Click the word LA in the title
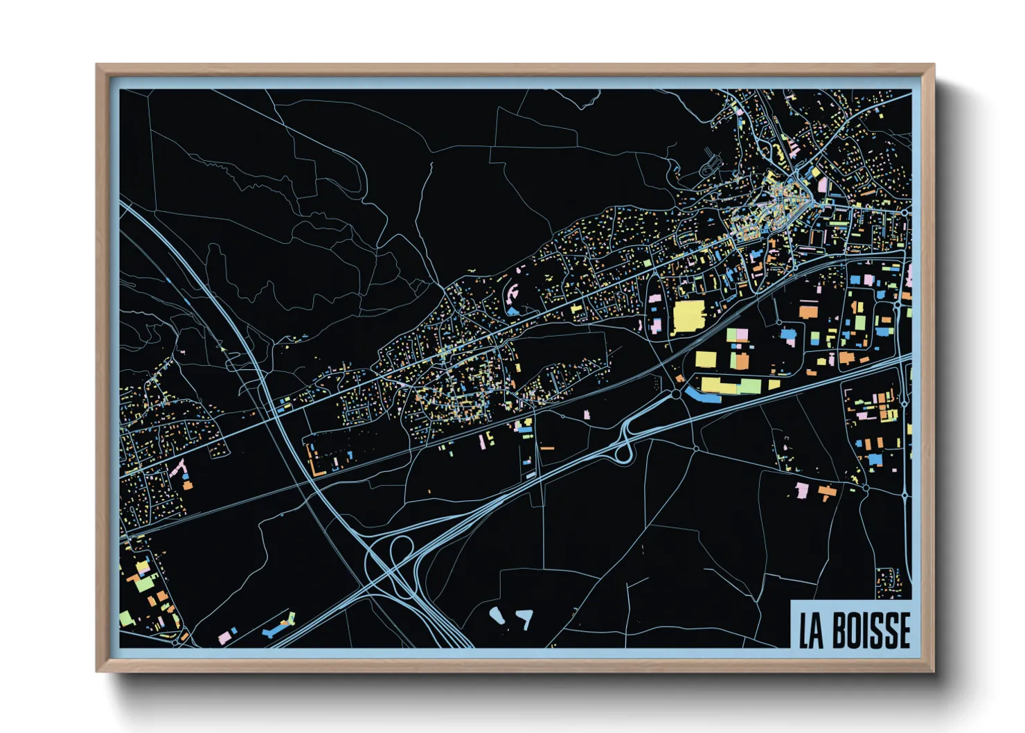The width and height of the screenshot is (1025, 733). tap(811, 630)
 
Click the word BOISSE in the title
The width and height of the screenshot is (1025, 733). tap(871, 630)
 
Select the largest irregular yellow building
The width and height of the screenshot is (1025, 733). tap(688, 316)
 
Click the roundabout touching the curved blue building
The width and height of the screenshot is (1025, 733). tap(675, 394)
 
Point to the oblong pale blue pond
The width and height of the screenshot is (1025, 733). tap(497, 615)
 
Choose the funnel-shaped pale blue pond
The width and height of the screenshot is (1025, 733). tap(525, 617)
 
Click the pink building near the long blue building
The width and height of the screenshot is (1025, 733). tap(226, 635)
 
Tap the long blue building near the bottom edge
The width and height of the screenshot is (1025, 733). tap(278, 627)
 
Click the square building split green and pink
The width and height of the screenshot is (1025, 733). tap(736, 335)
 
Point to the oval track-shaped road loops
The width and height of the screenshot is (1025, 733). tap(711, 168)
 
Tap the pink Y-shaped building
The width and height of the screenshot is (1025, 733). tap(178, 469)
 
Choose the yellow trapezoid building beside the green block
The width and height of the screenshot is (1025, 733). tap(706, 359)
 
